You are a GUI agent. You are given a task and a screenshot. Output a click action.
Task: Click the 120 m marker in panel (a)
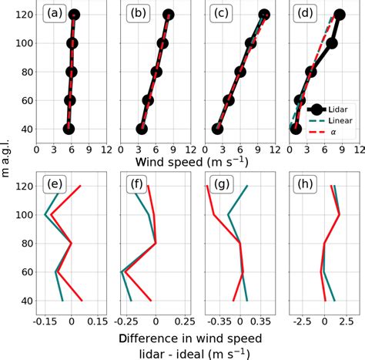[x=74, y=15]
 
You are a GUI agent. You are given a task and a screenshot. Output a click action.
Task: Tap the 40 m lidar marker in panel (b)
[x=142, y=129]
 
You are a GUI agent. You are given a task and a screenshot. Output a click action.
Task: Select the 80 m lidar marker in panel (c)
[x=240, y=72]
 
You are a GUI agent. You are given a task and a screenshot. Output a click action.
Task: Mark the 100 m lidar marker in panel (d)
[x=332, y=44]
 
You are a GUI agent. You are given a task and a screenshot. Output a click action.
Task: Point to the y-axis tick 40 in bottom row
[x=28, y=301]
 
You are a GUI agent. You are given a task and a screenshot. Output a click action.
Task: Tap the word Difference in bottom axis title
[x=158, y=338]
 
